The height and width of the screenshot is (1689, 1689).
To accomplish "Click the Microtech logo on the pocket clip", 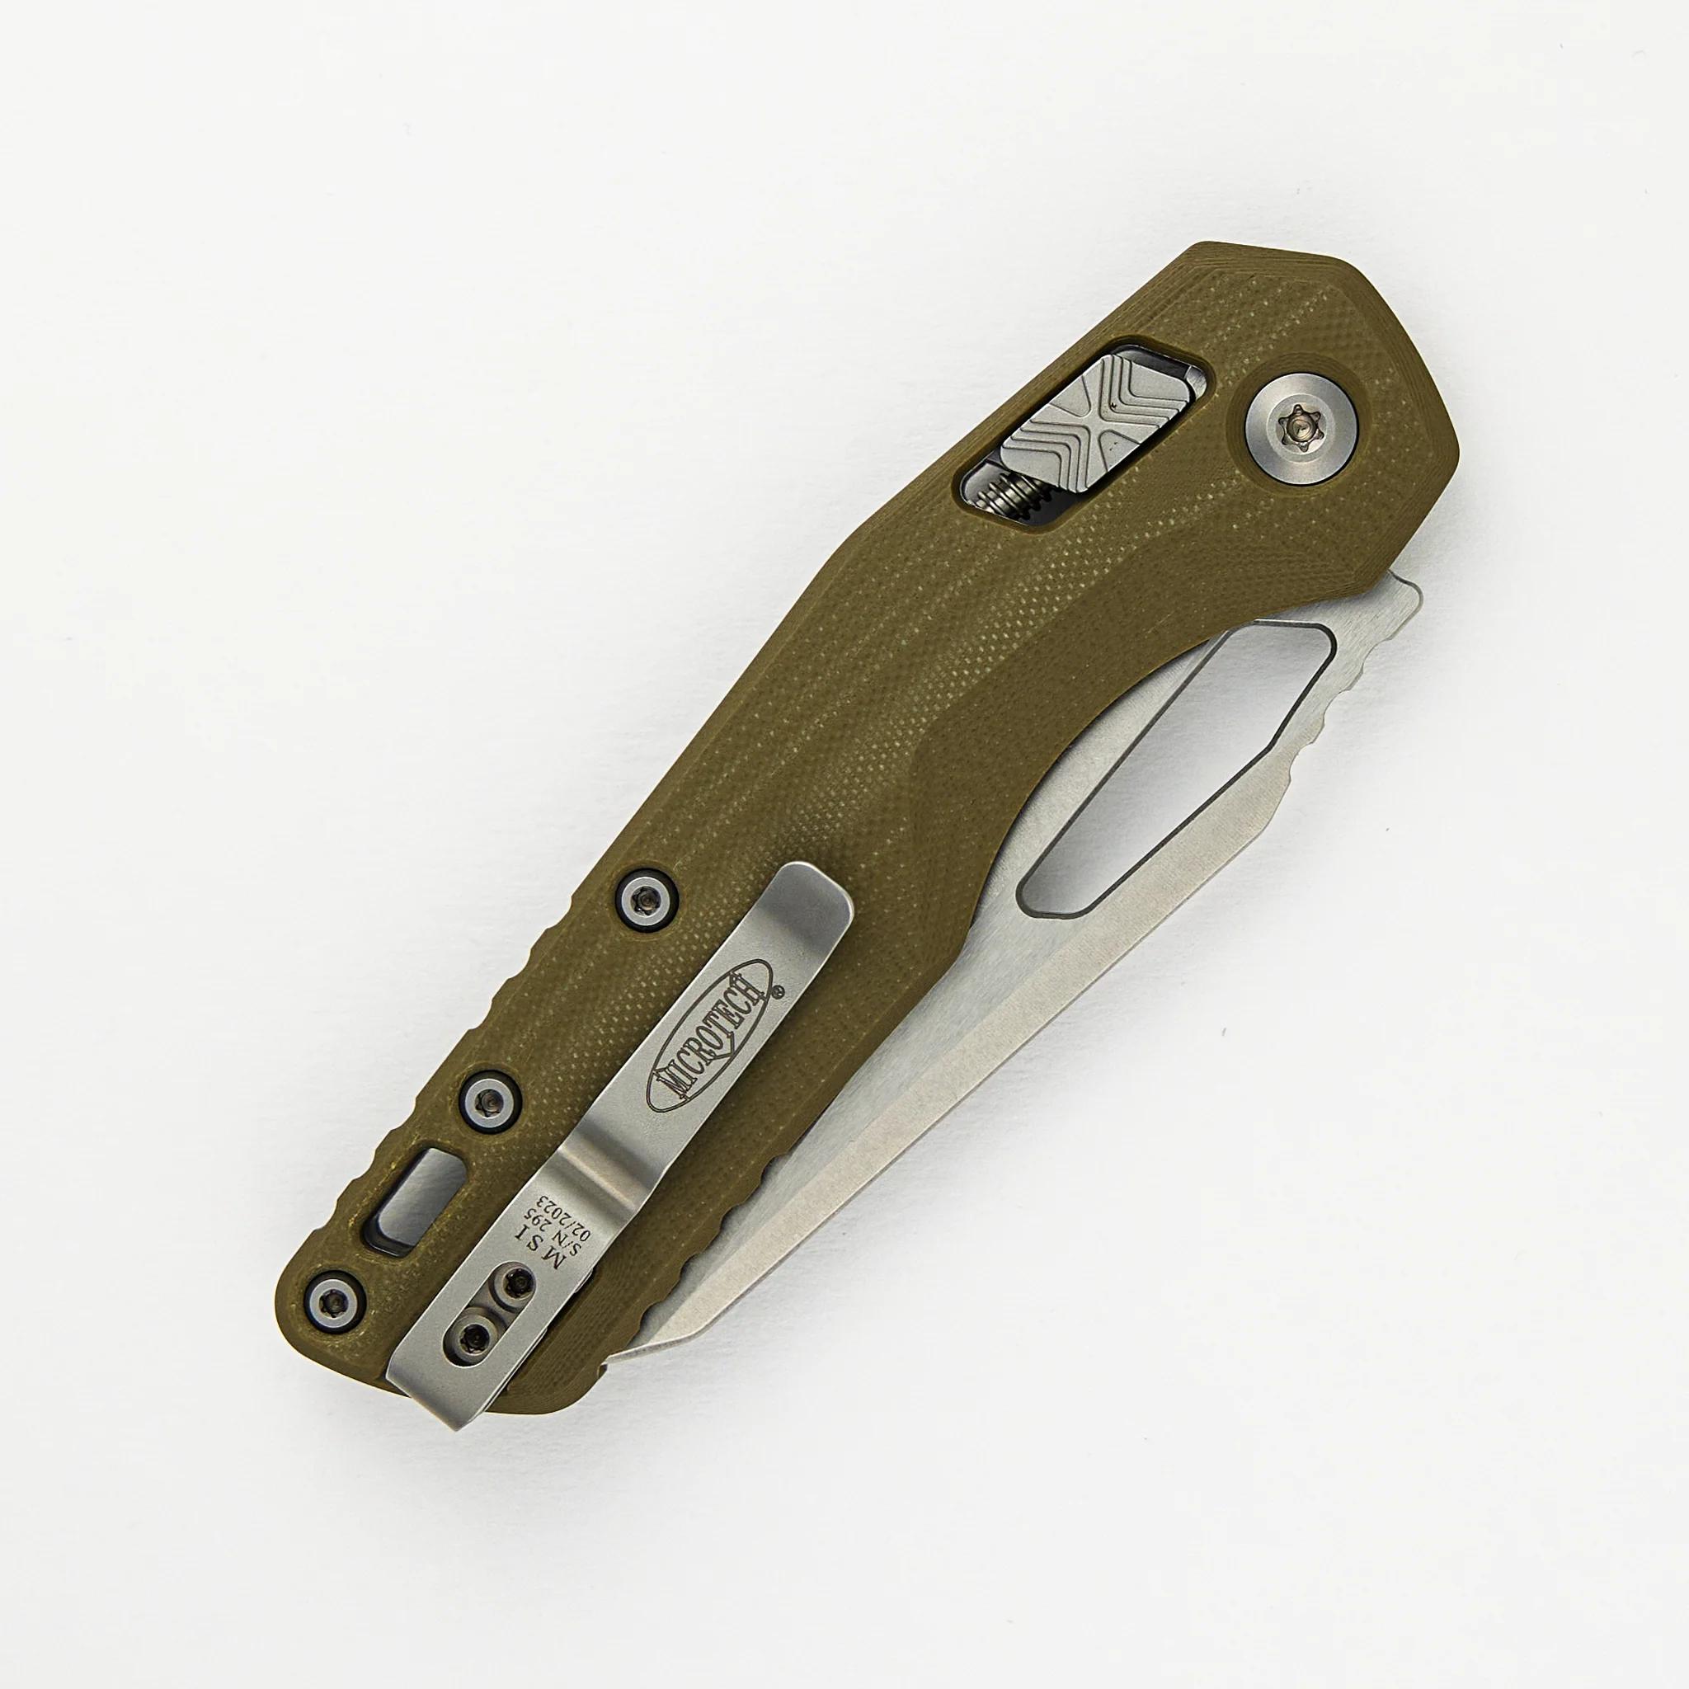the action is pyautogui.click(x=709, y=1036).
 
